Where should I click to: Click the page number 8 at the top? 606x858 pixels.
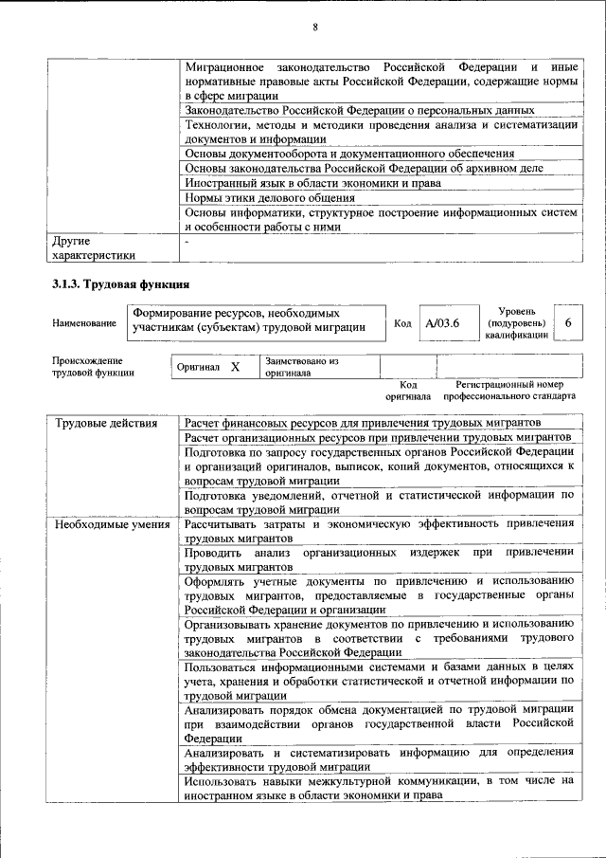coord(314,27)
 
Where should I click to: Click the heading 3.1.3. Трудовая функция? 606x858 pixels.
coord(121,283)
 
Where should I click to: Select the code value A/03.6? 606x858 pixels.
coord(441,324)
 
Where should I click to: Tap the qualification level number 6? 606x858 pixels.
coord(567,324)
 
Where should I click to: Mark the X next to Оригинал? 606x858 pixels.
coord(236,366)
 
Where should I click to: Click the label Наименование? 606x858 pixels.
coord(84,324)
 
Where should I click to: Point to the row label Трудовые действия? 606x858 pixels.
coord(106,422)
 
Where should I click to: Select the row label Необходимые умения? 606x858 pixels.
coord(112,524)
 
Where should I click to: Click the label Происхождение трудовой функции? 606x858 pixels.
coord(94,367)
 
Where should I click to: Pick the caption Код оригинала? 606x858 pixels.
coord(408,391)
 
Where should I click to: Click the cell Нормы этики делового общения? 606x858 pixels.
coord(270,198)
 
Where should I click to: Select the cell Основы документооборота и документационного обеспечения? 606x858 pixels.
coord(349,153)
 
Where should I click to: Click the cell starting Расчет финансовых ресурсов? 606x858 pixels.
coord(363,422)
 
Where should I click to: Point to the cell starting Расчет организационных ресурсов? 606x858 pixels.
coord(377,437)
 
